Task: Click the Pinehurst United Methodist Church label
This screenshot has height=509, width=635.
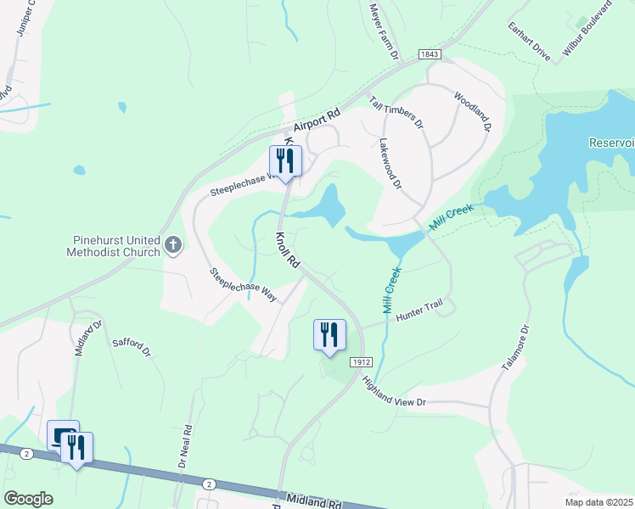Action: [x=114, y=246]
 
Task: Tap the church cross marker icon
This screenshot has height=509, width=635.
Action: [x=173, y=246]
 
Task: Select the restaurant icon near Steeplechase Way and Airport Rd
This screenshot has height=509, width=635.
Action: [x=285, y=160]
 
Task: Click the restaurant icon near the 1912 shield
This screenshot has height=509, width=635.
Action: [x=329, y=334]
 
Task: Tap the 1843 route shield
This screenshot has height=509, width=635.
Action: [x=430, y=54]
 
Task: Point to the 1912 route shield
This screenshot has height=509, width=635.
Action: [x=361, y=361]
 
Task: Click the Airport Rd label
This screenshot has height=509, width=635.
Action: [x=317, y=118]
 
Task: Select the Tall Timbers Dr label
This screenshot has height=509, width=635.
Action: [x=396, y=112]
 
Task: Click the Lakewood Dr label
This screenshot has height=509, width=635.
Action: [x=390, y=164]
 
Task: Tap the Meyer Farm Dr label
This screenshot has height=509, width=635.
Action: [x=384, y=31]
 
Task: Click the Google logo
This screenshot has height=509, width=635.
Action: [x=28, y=498]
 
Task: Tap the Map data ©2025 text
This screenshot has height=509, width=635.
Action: [x=598, y=502]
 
